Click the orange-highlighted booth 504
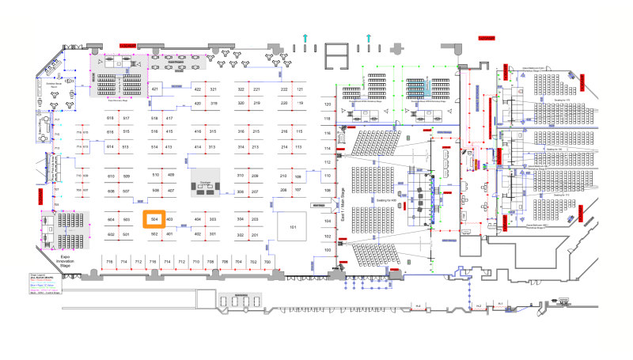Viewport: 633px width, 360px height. click(x=154, y=219)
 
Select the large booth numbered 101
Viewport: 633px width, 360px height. click(x=292, y=227)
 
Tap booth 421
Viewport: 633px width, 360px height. click(x=155, y=89)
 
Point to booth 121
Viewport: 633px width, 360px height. click(x=300, y=89)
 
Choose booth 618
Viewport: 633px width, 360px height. click(x=111, y=118)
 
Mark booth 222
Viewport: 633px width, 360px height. click(x=284, y=89)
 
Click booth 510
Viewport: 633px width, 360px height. click(x=155, y=175)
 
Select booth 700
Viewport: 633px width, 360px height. click(x=267, y=261)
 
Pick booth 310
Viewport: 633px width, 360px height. click(x=241, y=175)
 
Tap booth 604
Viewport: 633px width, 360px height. click(x=111, y=219)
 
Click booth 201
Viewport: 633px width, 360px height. click(x=255, y=235)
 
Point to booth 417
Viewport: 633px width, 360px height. click(x=169, y=118)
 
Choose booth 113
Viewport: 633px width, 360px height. click(x=298, y=147)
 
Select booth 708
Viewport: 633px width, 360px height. click(x=211, y=261)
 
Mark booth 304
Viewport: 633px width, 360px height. click(x=241, y=219)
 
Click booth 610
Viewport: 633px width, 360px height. click(x=111, y=175)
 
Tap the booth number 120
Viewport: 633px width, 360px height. click(x=328, y=104)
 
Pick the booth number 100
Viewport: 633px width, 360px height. click(x=328, y=250)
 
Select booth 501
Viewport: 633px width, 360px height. click(x=125, y=235)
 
